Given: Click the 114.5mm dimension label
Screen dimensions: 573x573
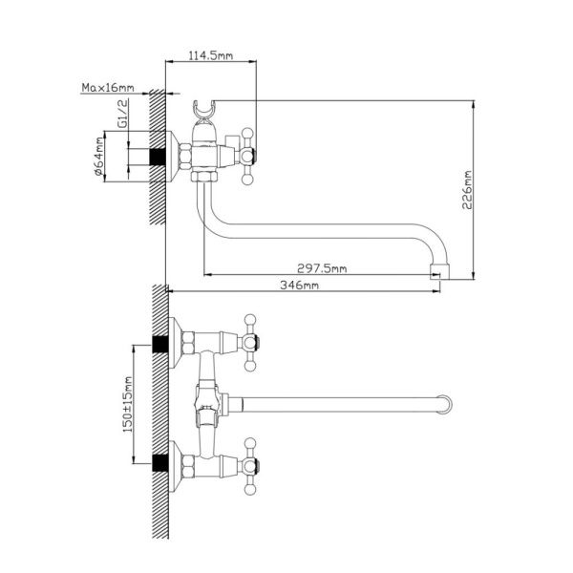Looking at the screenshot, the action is click(210, 55).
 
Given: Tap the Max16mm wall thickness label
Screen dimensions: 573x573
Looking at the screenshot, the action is click(108, 88).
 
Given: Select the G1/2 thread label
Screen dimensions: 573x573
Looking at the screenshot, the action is click(123, 114).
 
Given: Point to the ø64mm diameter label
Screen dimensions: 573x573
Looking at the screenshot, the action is click(99, 156).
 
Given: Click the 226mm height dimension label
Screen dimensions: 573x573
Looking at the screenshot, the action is click(467, 190).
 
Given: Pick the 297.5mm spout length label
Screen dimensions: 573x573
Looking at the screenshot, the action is click(322, 268).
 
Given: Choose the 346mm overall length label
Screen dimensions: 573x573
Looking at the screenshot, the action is click(299, 285).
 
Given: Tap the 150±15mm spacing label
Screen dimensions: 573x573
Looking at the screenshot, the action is click(128, 405).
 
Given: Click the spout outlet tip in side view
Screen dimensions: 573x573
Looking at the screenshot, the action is click(439, 271).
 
